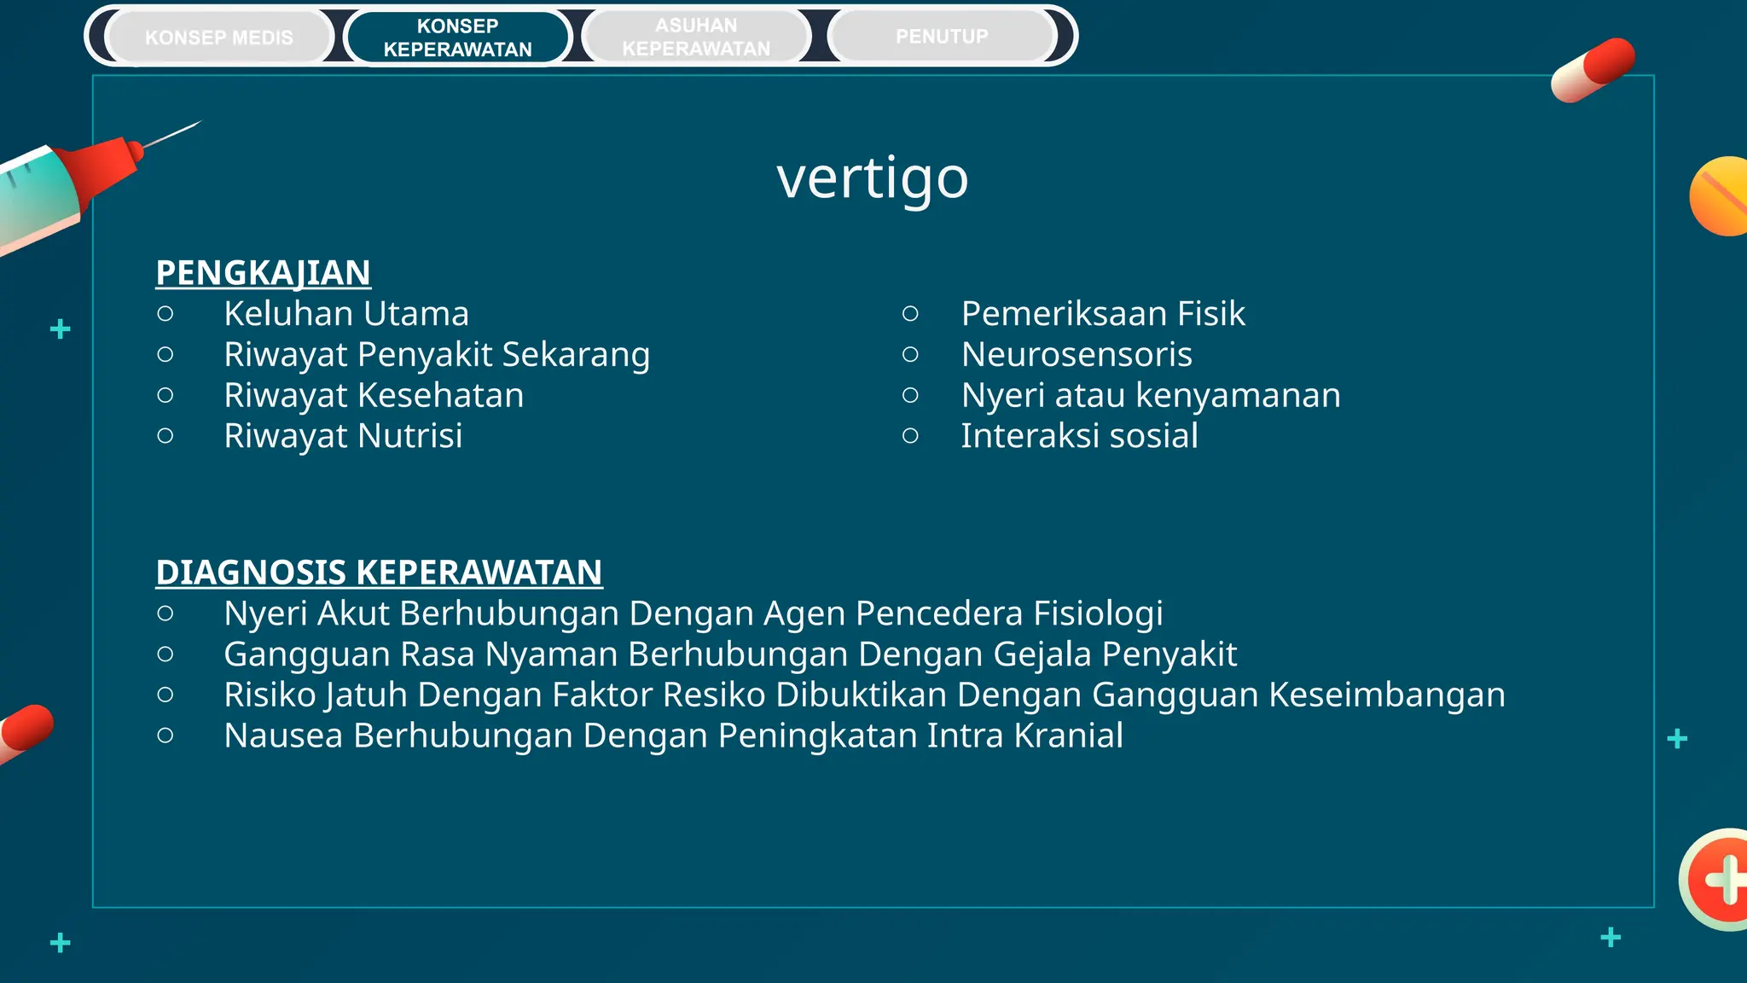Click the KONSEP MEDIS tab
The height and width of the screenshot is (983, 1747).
pyautogui.click(x=219, y=38)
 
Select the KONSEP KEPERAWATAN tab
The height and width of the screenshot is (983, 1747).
pyautogui.click(x=457, y=38)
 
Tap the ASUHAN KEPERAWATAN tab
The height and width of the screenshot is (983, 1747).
pyautogui.click(x=696, y=38)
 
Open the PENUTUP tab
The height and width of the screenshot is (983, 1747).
pyautogui.click(x=942, y=37)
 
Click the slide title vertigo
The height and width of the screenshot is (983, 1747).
pyautogui.click(x=873, y=177)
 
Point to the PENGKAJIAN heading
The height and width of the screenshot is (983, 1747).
pyautogui.click(x=263, y=273)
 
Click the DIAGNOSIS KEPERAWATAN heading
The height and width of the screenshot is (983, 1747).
pyautogui.click(x=379, y=573)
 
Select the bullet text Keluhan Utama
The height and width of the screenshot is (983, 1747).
pyautogui.click(x=346, y=314)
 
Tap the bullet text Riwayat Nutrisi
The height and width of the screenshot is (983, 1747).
pyautogui.click(x=343, y=436)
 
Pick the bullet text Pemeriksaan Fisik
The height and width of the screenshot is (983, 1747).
pyautogui.click(x=1102, y=314)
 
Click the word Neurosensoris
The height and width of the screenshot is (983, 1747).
pyautogui.click(x=1077, y=355)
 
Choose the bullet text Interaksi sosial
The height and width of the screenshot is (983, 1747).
pyautogui.click(x=1079, y=436)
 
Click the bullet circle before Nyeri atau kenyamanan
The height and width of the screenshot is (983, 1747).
pyautogui.click(x=910, y=395)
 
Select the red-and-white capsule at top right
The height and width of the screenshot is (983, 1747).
pyautogui.click(x=1593, y=70)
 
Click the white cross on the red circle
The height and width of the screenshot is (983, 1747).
pyautogui.click(x=1725, y=880)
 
